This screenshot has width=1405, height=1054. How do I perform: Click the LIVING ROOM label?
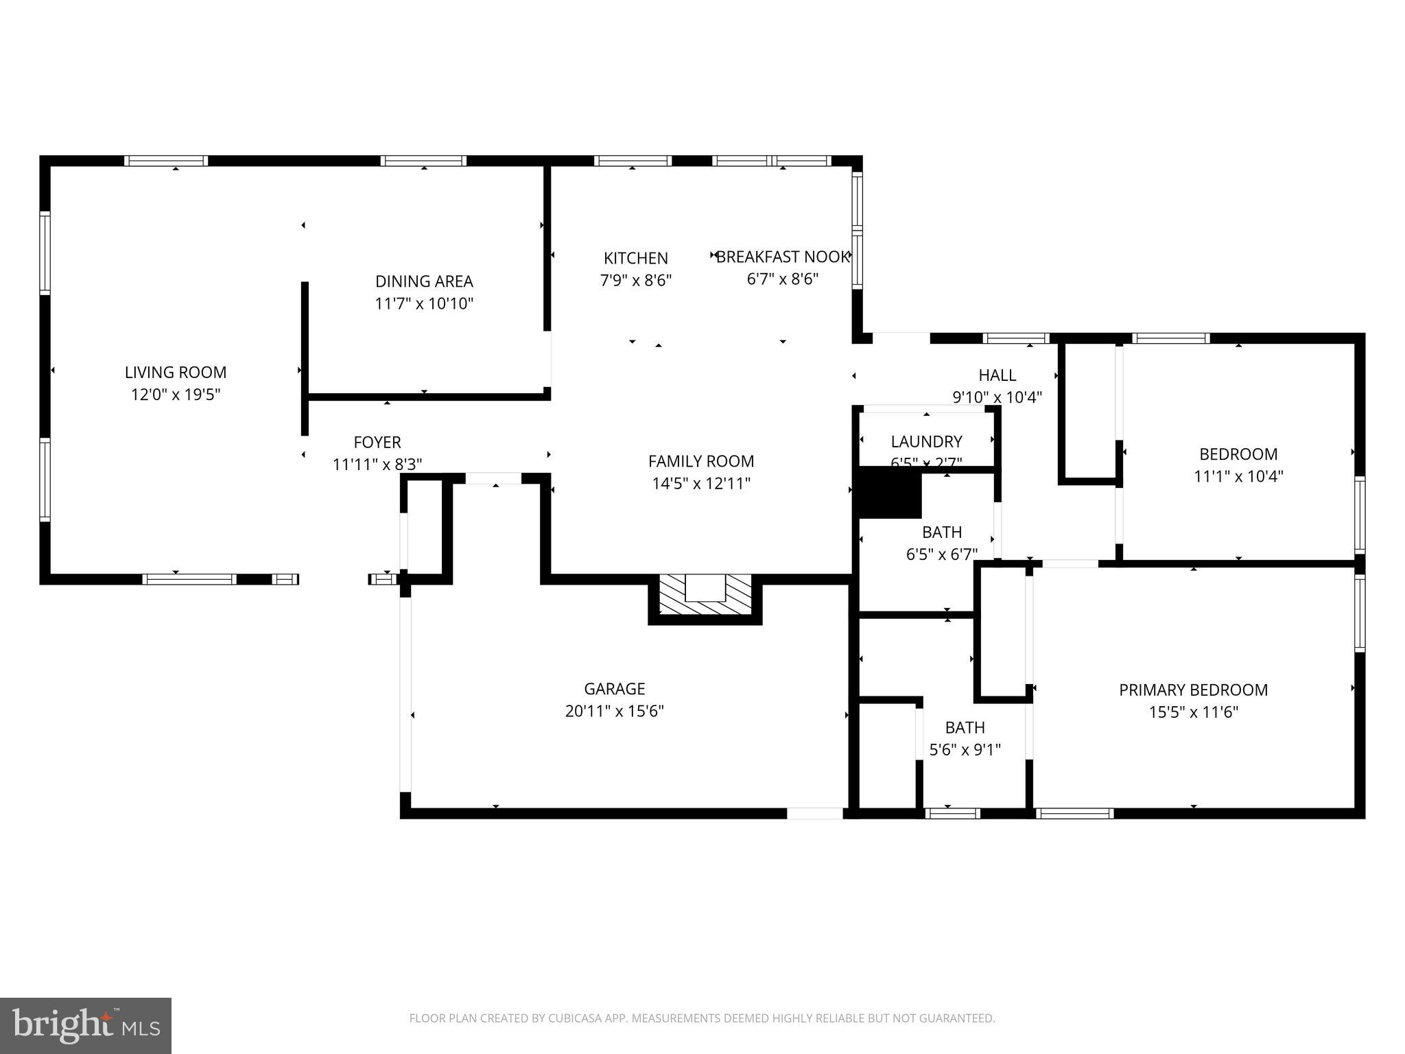(x=176, y=372)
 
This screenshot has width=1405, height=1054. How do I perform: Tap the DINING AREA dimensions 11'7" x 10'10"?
(x=424, y=303)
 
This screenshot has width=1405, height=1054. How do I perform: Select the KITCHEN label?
(x=635, y=258)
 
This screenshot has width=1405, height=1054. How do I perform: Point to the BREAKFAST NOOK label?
(x=783, y=257)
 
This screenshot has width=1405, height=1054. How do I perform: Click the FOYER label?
(x=377, y=442)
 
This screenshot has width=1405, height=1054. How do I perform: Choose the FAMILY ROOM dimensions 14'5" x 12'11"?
(x=700, y=484)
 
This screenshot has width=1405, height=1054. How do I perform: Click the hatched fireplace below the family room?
(x=705, y=595)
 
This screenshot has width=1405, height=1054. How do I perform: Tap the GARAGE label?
(x=614, y=688)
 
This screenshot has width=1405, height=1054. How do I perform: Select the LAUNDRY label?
(x=926, y=441)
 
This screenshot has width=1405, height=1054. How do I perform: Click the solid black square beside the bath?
(x=890, y=493)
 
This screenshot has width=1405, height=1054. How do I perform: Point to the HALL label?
(x=997, y=375)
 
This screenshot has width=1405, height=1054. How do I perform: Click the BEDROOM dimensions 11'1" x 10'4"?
(x=1238, y=476)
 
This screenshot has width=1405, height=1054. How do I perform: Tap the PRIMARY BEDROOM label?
(x=1193, y=690)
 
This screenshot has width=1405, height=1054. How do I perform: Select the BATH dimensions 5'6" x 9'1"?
(x=965, y=750)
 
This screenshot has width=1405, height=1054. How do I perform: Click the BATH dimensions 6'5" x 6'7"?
(x=941, y=554)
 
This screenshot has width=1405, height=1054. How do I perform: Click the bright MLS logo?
(x=86, y=1026)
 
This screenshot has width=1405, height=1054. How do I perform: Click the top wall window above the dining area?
(x=424, y=161)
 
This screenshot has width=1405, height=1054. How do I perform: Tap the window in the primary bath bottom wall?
(x=952, y=813)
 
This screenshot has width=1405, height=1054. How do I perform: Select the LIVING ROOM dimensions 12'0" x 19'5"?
(x=176, y=395)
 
